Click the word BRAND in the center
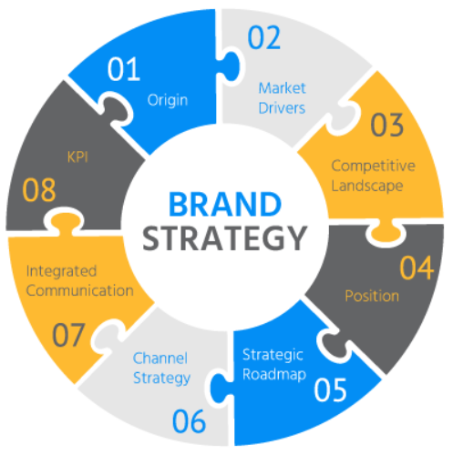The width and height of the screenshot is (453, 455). click(225, 204)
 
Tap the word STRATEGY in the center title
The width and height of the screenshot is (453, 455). click(225, 238)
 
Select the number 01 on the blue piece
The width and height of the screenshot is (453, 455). click(124, 69)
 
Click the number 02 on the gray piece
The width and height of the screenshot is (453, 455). click(264, 37)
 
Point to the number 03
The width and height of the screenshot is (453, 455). click(387, 125)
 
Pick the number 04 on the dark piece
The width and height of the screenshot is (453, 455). click(417, 268)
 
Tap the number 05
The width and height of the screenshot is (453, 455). click(330, 389)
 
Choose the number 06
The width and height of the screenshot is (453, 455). click(189, 421)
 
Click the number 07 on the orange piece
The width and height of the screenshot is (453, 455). click(68, 335)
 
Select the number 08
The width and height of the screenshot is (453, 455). click(39, 190)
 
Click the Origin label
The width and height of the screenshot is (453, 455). click(168, 100)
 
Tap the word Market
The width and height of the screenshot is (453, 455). click(282, 88)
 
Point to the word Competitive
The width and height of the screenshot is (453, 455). click(374, 166)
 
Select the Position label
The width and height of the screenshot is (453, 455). click(372, 296)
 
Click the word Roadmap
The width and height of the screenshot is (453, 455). click(274, 374)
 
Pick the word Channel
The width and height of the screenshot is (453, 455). click(160, 359)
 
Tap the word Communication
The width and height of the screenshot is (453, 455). click(80, 290)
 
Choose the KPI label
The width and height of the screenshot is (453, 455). click(77, 157)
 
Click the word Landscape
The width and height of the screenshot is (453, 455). click(367, 186)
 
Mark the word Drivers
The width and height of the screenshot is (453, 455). click(282, 108)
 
